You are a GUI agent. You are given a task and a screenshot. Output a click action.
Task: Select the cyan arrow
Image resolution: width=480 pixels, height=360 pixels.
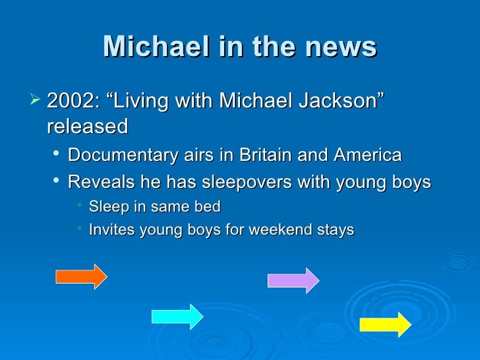pyautogui.click(x=177, y=316)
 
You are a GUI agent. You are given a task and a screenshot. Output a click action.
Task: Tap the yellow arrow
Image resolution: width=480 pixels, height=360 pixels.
pyautogui.click(x=385, y=324)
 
